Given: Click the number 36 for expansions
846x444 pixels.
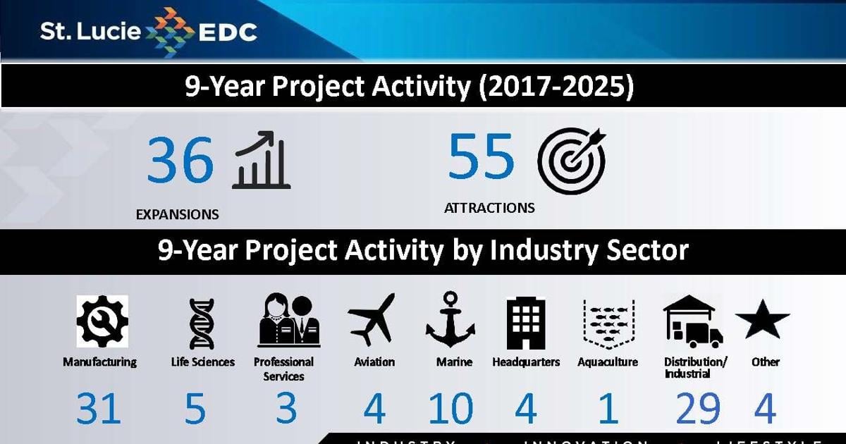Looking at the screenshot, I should point(180,160).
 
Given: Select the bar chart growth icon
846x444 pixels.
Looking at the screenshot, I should point(262,160).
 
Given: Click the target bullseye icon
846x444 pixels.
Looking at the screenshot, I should point(571,160).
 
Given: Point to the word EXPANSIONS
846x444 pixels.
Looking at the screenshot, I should point(177,214).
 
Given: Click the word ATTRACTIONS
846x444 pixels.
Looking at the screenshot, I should point(489,208).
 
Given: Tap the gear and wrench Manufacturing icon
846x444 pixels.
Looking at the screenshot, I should point(102,322).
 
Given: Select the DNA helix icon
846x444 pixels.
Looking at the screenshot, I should point(202,323).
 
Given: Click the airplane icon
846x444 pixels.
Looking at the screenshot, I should point(372,321).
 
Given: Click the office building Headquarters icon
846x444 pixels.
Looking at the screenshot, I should point(526,323).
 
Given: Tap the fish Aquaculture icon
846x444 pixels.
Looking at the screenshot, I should point(608,323).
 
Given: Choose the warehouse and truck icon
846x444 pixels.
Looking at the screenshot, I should point(692,322).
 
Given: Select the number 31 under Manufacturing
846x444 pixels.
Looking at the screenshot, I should point(99,409).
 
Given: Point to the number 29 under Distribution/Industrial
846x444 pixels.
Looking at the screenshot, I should point(698,409).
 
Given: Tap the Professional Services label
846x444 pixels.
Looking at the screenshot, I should point(283,369).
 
